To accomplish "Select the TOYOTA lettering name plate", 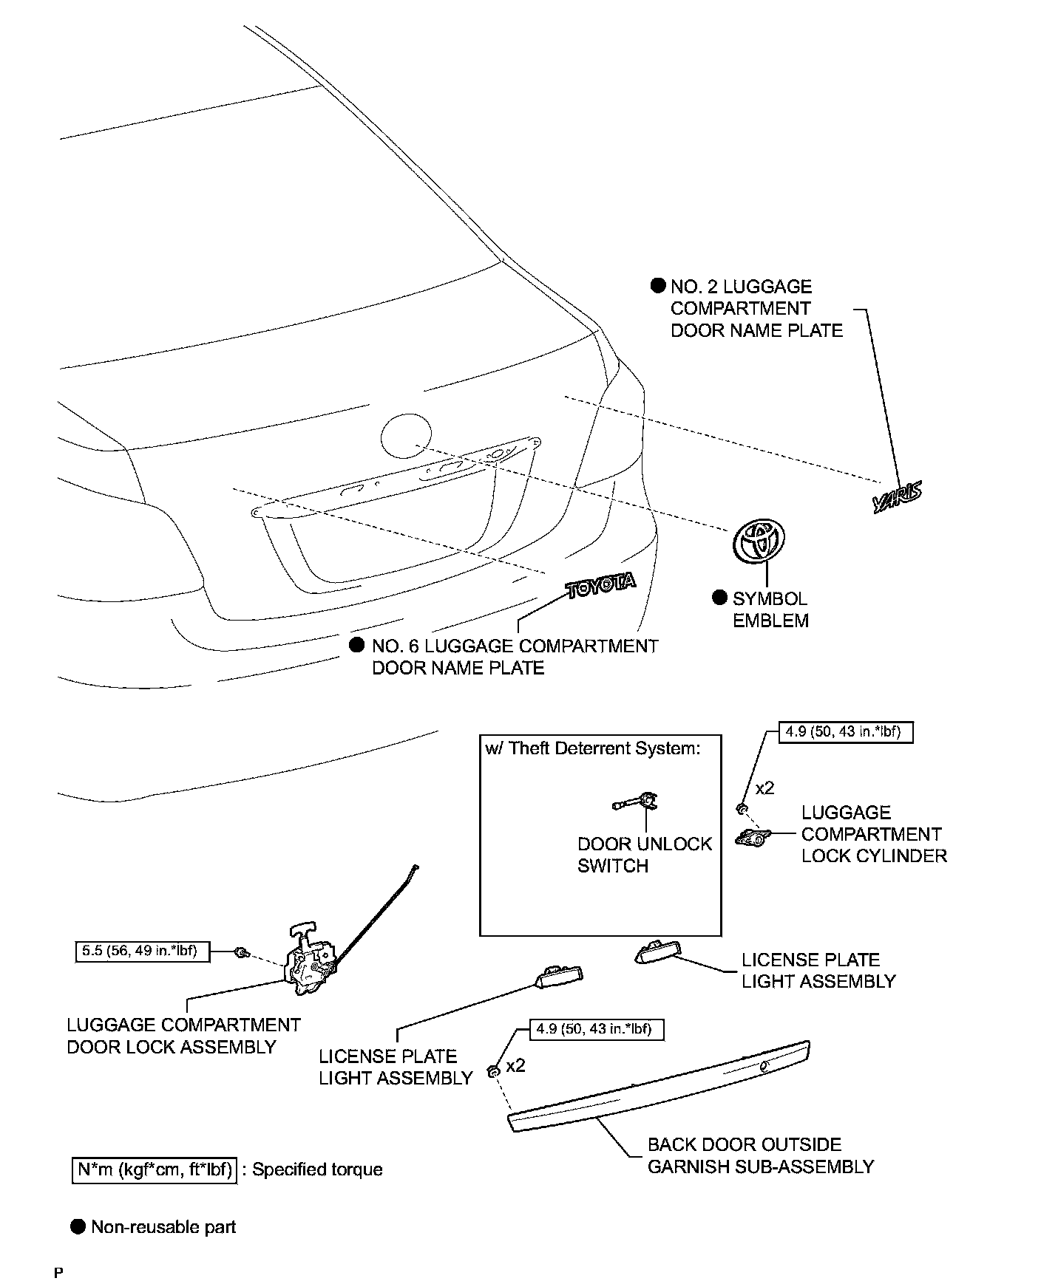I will tap(600, 585).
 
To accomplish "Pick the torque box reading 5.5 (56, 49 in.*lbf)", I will tap(143, 952).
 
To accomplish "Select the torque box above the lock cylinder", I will tap(846, 732).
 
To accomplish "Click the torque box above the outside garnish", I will tap(597, 1029).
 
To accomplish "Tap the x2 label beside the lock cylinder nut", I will tap(764, 788).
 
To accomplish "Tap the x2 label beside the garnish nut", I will tap(515, 1066).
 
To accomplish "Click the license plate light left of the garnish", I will tap(559, 977).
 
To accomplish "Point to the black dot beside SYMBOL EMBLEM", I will tap(719, 598).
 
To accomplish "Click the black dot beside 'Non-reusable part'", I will tap(78, 1227).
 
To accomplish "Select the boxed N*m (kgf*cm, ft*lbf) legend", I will tap(155, 1169).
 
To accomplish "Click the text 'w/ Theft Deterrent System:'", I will tap(592, 748).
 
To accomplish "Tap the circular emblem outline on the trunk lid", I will tap(406, 437).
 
